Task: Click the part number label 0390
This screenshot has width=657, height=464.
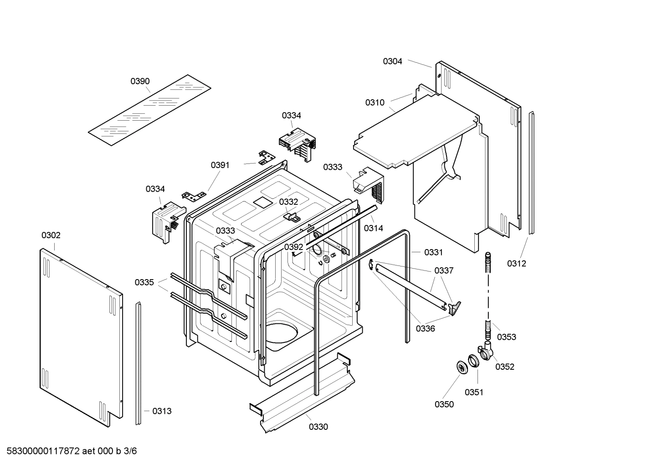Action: pos(140,81)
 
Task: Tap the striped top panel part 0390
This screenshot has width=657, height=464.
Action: pos(149,111)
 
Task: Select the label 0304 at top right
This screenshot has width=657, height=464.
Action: pos(392,61)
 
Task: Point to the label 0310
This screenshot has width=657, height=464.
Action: pos(375,102)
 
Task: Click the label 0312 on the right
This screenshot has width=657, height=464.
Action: pos(516,263)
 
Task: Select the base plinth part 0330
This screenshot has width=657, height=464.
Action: pos(303,393)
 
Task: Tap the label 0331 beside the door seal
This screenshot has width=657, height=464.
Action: pos(433,252)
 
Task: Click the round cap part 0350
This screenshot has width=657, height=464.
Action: pos(462,368)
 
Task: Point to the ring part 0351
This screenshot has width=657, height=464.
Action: pos(473,361)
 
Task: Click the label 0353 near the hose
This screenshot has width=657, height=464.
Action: pos(506,337)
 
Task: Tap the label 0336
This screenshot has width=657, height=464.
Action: pos(425,328)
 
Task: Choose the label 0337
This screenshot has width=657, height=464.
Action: pos(444,270)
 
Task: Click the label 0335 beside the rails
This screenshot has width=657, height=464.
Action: pos(144,282)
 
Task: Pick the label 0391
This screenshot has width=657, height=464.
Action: pos(220,165)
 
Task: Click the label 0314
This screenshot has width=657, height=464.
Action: pos(373,228)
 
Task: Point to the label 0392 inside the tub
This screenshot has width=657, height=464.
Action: pos(293,247)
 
